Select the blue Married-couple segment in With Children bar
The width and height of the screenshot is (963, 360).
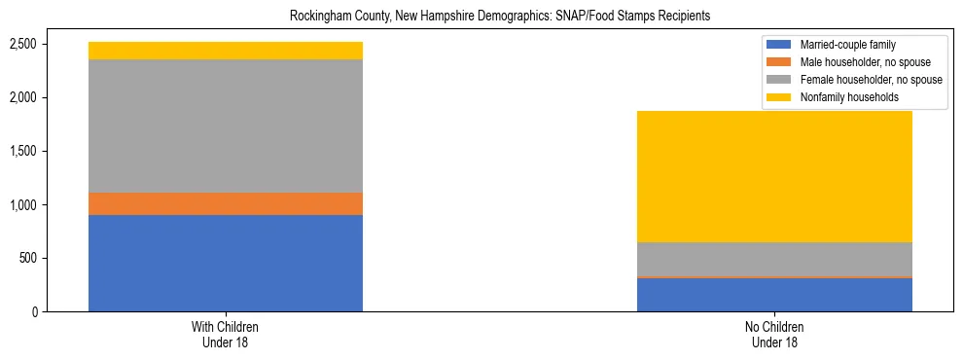(226, 263)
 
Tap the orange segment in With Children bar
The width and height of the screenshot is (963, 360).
(226, 203)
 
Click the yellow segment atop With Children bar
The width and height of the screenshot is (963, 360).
(226, 51)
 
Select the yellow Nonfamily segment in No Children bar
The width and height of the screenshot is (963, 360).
(774, 176)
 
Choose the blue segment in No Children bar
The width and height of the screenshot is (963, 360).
(774, 295)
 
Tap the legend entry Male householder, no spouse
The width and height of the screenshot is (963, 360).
(855, 62)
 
